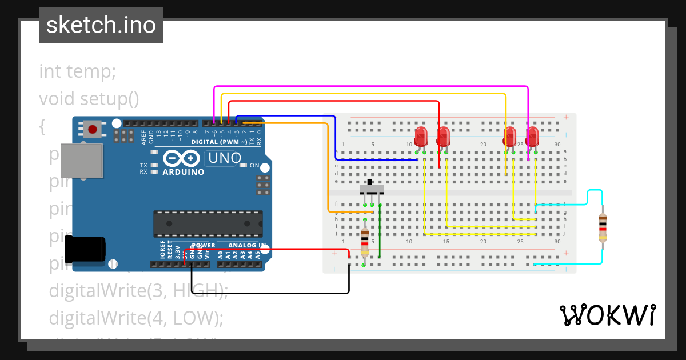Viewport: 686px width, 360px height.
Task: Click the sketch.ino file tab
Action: tap(101, 25)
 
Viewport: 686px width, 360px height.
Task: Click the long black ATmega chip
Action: tap(208, 223)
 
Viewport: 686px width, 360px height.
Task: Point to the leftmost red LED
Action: tap(421, 137)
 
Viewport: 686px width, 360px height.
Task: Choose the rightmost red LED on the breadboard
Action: tap(532, 137)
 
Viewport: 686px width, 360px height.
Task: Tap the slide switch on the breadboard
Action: tap(372, 189)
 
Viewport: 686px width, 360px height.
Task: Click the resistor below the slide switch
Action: tap(365, 242)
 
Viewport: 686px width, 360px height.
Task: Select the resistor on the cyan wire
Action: tap(602, 227)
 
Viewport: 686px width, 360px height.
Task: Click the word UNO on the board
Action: tap(223, 158)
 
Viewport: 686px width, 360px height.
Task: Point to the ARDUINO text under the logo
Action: tap(183, 171)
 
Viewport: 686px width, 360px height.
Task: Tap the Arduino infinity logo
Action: tap(182, 158)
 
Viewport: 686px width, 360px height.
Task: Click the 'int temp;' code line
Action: tap(78, 72)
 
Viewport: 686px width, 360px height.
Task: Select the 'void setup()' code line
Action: tap(89, 99)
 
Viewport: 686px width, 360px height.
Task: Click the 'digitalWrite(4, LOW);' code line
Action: tap(136, 317)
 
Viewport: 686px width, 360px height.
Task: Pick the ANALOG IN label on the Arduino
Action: tap(248, 246)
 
